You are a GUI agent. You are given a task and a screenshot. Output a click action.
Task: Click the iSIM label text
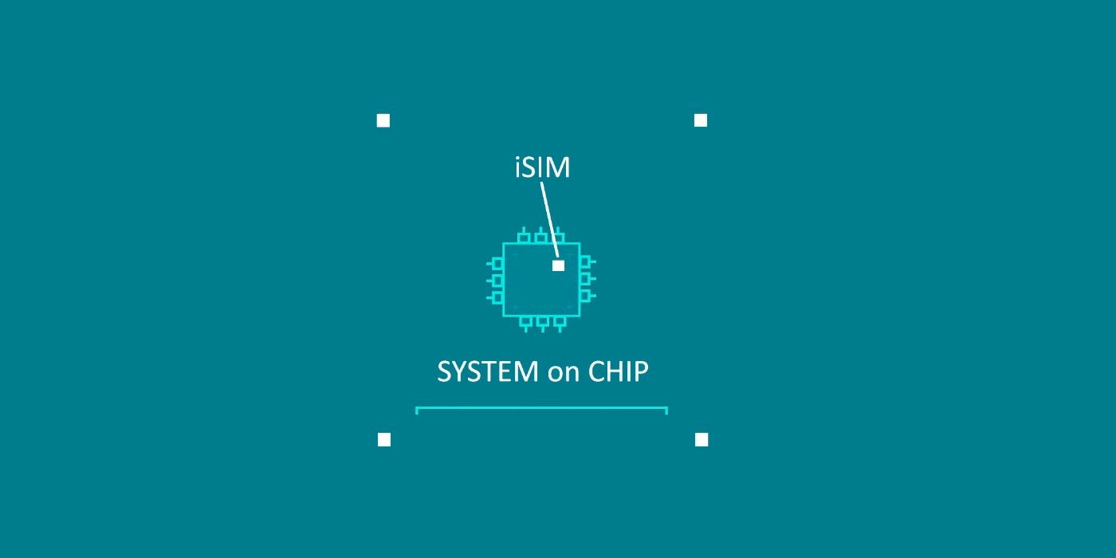[x=542, y=167]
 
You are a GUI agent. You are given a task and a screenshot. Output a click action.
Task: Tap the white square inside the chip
[x=558, y=265]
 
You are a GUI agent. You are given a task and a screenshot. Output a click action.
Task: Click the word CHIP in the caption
[x=618, y=371]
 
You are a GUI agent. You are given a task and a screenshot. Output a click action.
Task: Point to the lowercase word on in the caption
[x=563, y=373]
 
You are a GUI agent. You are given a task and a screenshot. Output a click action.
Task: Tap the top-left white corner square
[x=383, y=120]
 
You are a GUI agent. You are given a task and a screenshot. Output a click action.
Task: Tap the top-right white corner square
[x=701, y=120]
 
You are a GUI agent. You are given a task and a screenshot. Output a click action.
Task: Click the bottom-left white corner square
[x=384, y=439]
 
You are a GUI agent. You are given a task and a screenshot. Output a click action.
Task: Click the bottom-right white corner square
[x=701, y=439]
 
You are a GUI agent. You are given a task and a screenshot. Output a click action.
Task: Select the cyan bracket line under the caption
[x=541, y=408]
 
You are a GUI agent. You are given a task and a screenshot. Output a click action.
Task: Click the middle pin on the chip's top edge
[x=541, y=236]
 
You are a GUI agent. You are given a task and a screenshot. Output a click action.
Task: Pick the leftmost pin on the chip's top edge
[x=524, y=236]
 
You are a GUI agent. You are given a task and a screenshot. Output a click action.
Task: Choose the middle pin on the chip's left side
[x=497, y=280]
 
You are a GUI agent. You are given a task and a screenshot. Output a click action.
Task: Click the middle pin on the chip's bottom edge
[x=543, y=322]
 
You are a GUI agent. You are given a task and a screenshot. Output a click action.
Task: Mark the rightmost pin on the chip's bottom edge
[x=560, y=322]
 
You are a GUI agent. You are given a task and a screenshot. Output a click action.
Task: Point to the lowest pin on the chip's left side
[x=497, y=297]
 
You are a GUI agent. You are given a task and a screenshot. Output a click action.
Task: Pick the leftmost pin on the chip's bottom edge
[x=525, y=322]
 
